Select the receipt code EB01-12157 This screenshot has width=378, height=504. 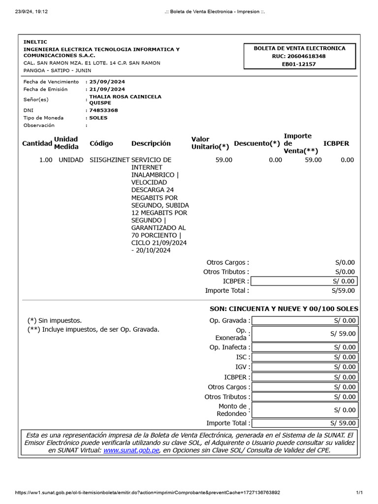tap(299, 64)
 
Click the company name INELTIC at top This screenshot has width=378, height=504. tap(35, 42)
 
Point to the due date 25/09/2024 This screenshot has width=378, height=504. tap(107, 82)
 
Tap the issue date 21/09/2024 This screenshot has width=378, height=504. tap(107, 89)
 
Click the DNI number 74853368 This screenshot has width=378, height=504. tap(103, 110)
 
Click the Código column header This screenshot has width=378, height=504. tap(101, 143)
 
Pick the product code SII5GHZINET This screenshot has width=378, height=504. tap(109, 160)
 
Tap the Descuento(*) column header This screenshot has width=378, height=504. tap(257, 143)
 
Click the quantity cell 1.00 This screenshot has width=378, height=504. tap(46, 160)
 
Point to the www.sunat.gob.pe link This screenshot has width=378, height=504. tap(131, 450)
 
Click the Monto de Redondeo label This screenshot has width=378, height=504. tap(232, 410)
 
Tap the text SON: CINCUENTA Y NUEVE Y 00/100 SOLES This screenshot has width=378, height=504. tap(284, 309)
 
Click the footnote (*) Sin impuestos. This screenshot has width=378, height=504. tap(55, 320)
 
